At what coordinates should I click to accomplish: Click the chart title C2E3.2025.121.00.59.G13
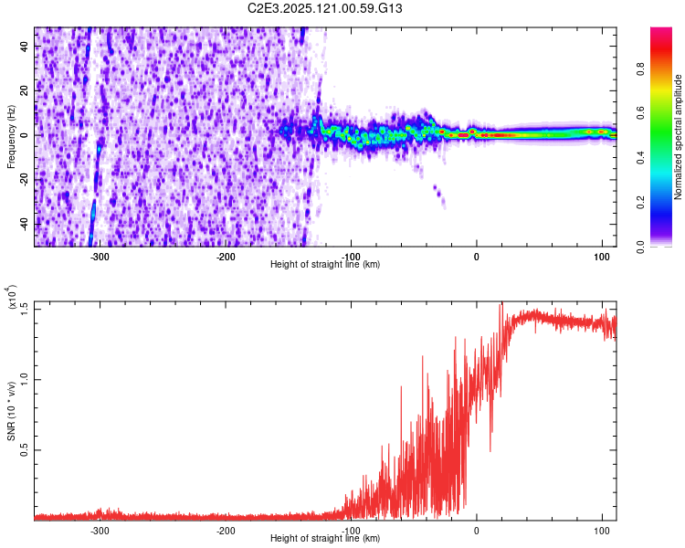click(x=338, y=9)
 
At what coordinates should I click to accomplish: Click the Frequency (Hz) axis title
click(x=12, y=136)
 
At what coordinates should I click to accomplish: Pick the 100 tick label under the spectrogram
click(x=601, y=257)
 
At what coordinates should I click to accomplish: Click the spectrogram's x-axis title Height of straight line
click(x=325, y=265)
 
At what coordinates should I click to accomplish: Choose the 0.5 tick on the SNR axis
click(x=25, y=450)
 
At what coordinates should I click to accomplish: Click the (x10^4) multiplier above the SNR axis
click(x=12, y=298)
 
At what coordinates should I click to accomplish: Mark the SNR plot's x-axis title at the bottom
click(x=325, y=539)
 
